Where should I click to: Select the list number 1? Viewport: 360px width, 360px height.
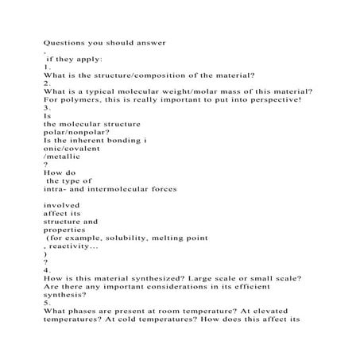47,69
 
